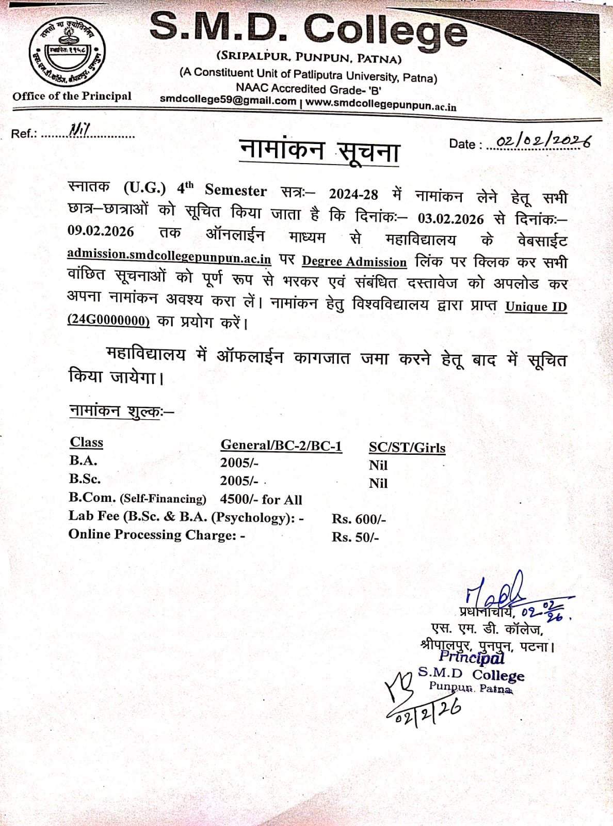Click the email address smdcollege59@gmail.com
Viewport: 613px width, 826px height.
point(228,100)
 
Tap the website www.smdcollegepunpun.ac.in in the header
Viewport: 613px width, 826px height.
point(381,104)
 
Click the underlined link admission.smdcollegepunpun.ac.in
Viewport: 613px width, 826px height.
point(169,256)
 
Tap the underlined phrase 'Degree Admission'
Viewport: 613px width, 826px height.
point(354,262)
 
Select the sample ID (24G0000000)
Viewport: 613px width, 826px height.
point(108,321)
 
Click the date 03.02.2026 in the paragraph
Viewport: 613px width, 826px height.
point(450,218)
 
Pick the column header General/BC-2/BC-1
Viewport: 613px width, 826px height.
point(281,446)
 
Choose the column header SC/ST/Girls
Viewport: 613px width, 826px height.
point(407,448)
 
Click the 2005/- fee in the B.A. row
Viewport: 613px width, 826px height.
point(239,463)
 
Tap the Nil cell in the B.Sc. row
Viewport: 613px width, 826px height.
point(378,483)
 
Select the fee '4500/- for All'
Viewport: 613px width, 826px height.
point(261,499)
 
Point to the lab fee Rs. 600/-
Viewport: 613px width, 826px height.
point(359,519)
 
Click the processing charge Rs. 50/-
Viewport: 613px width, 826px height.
point(355,537)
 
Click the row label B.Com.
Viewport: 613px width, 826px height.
point(92,497)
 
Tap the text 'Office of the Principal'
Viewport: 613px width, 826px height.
point(72,96)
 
